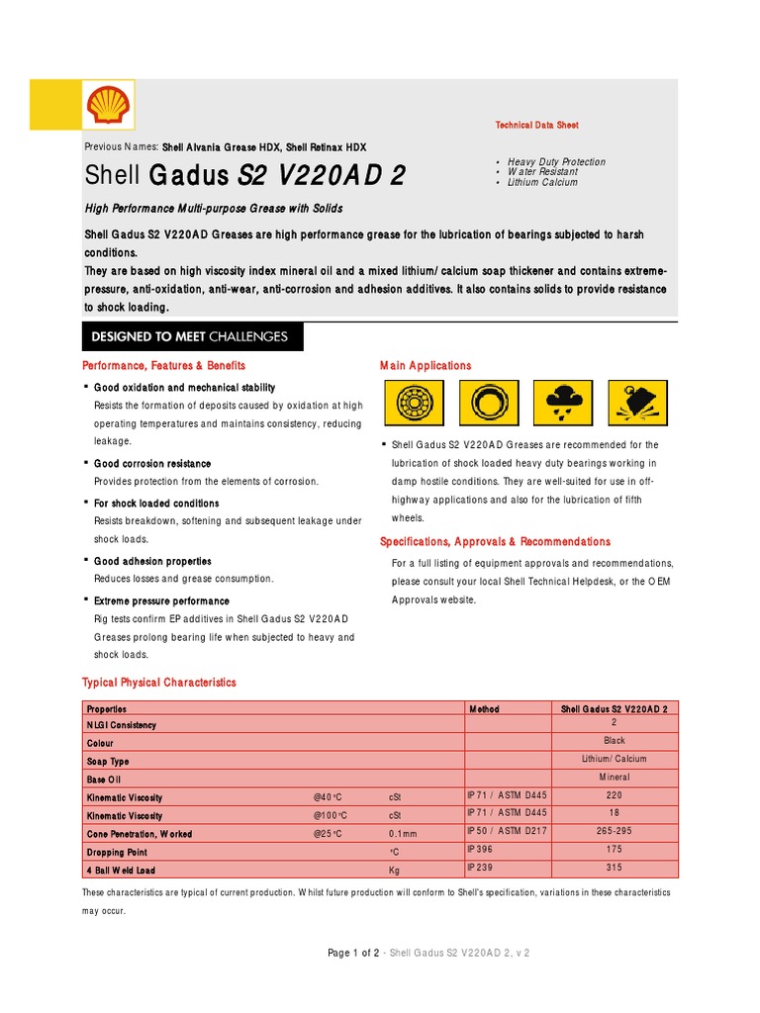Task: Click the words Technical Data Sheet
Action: tap(536, 126)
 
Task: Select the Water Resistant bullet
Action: tap(542, 172)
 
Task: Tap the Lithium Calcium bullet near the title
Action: tap(542, 182)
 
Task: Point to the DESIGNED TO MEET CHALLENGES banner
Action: tap(190, 336)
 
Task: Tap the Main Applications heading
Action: tap(426, 366)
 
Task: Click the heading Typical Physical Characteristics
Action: tap(158, 683)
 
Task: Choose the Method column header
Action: tap(483, 709)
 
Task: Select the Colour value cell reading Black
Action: tap(615, 740)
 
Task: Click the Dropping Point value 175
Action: tap(615, 849)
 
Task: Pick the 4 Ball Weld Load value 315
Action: tap(615, 868)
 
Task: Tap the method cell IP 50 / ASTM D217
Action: tap(506, 831)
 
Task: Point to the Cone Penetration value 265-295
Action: tap(615, 831)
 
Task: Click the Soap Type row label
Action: tap(108, 762)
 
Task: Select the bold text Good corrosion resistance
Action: tap(152, 463)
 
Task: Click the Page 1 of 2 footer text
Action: tap(353, 953)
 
